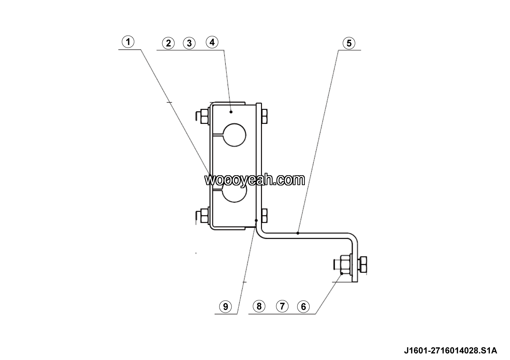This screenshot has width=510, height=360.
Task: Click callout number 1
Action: (x=128, y=42)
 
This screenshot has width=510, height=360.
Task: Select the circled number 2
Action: (x=169, y=43)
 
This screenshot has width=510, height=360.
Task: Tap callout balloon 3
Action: (x=189, y=43)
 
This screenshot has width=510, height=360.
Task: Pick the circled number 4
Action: (x=212, y=42)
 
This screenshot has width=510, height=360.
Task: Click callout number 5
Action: (x=349, y=43)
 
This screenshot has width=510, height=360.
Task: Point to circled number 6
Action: (x=303, y=307)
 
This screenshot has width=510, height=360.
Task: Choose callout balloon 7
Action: (x=282, y=306)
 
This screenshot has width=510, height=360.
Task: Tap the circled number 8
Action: (x=259, y=306)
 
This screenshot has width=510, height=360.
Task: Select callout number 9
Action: (x=225, y=307)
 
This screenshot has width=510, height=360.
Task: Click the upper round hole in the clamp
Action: (x=234, y=135)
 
